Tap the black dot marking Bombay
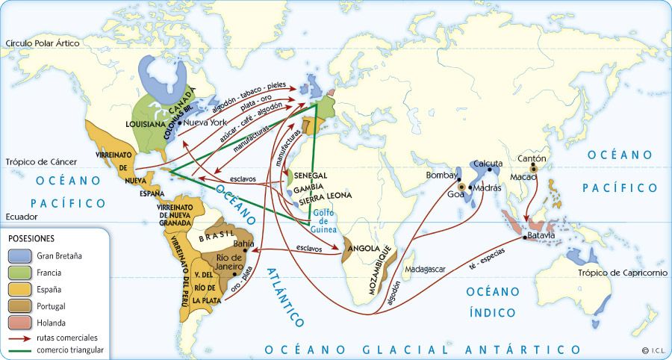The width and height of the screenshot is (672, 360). tap(458, 180)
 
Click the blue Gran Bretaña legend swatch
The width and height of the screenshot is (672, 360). tap(20, 255)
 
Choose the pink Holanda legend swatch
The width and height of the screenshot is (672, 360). tap(20, 323)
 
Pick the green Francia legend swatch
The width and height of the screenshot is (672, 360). tap(20, 273)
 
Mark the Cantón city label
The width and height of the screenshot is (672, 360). tap(532, 158)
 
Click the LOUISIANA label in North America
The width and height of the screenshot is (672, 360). tap(145, 124)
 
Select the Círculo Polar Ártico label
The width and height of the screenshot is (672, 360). tap(42, 44)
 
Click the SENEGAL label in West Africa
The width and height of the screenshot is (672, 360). tap(311, 175)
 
